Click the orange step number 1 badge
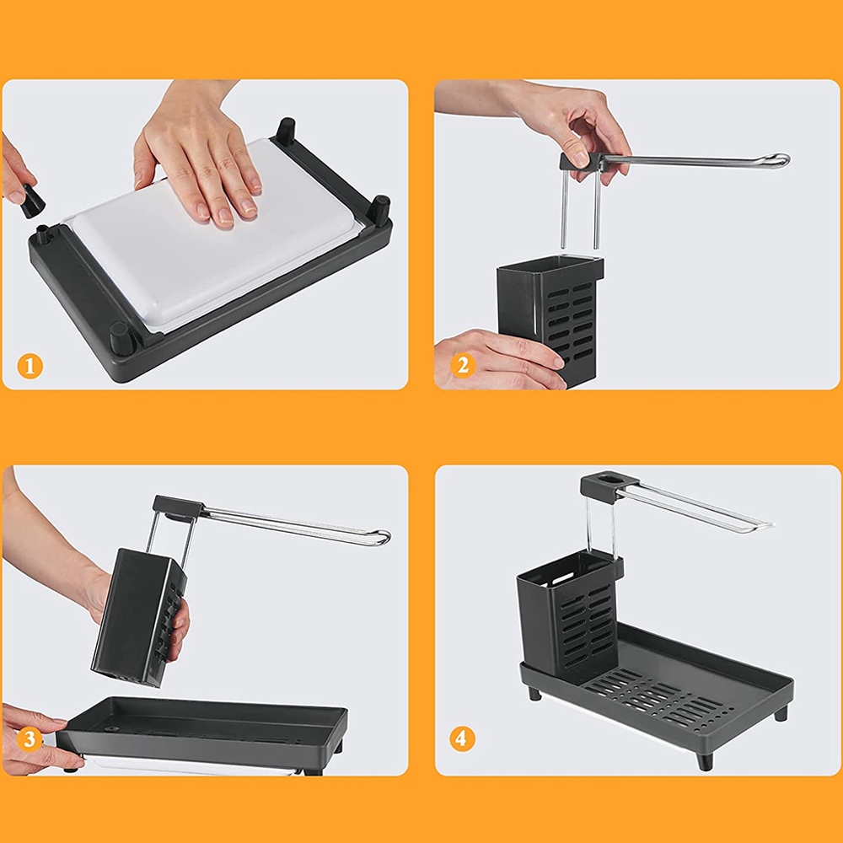pos(30,366)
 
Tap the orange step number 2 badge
pos(463,365)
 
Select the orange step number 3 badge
pos(29,738)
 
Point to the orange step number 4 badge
pos(462,738)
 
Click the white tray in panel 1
pos(210,237)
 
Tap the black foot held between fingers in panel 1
pos(32,201)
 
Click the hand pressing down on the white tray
pos(199,156)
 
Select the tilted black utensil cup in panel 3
pos(139,618)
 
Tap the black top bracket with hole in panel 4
pos(609,485)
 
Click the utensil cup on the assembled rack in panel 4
pos(569,617)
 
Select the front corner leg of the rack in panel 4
pos(704,761)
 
